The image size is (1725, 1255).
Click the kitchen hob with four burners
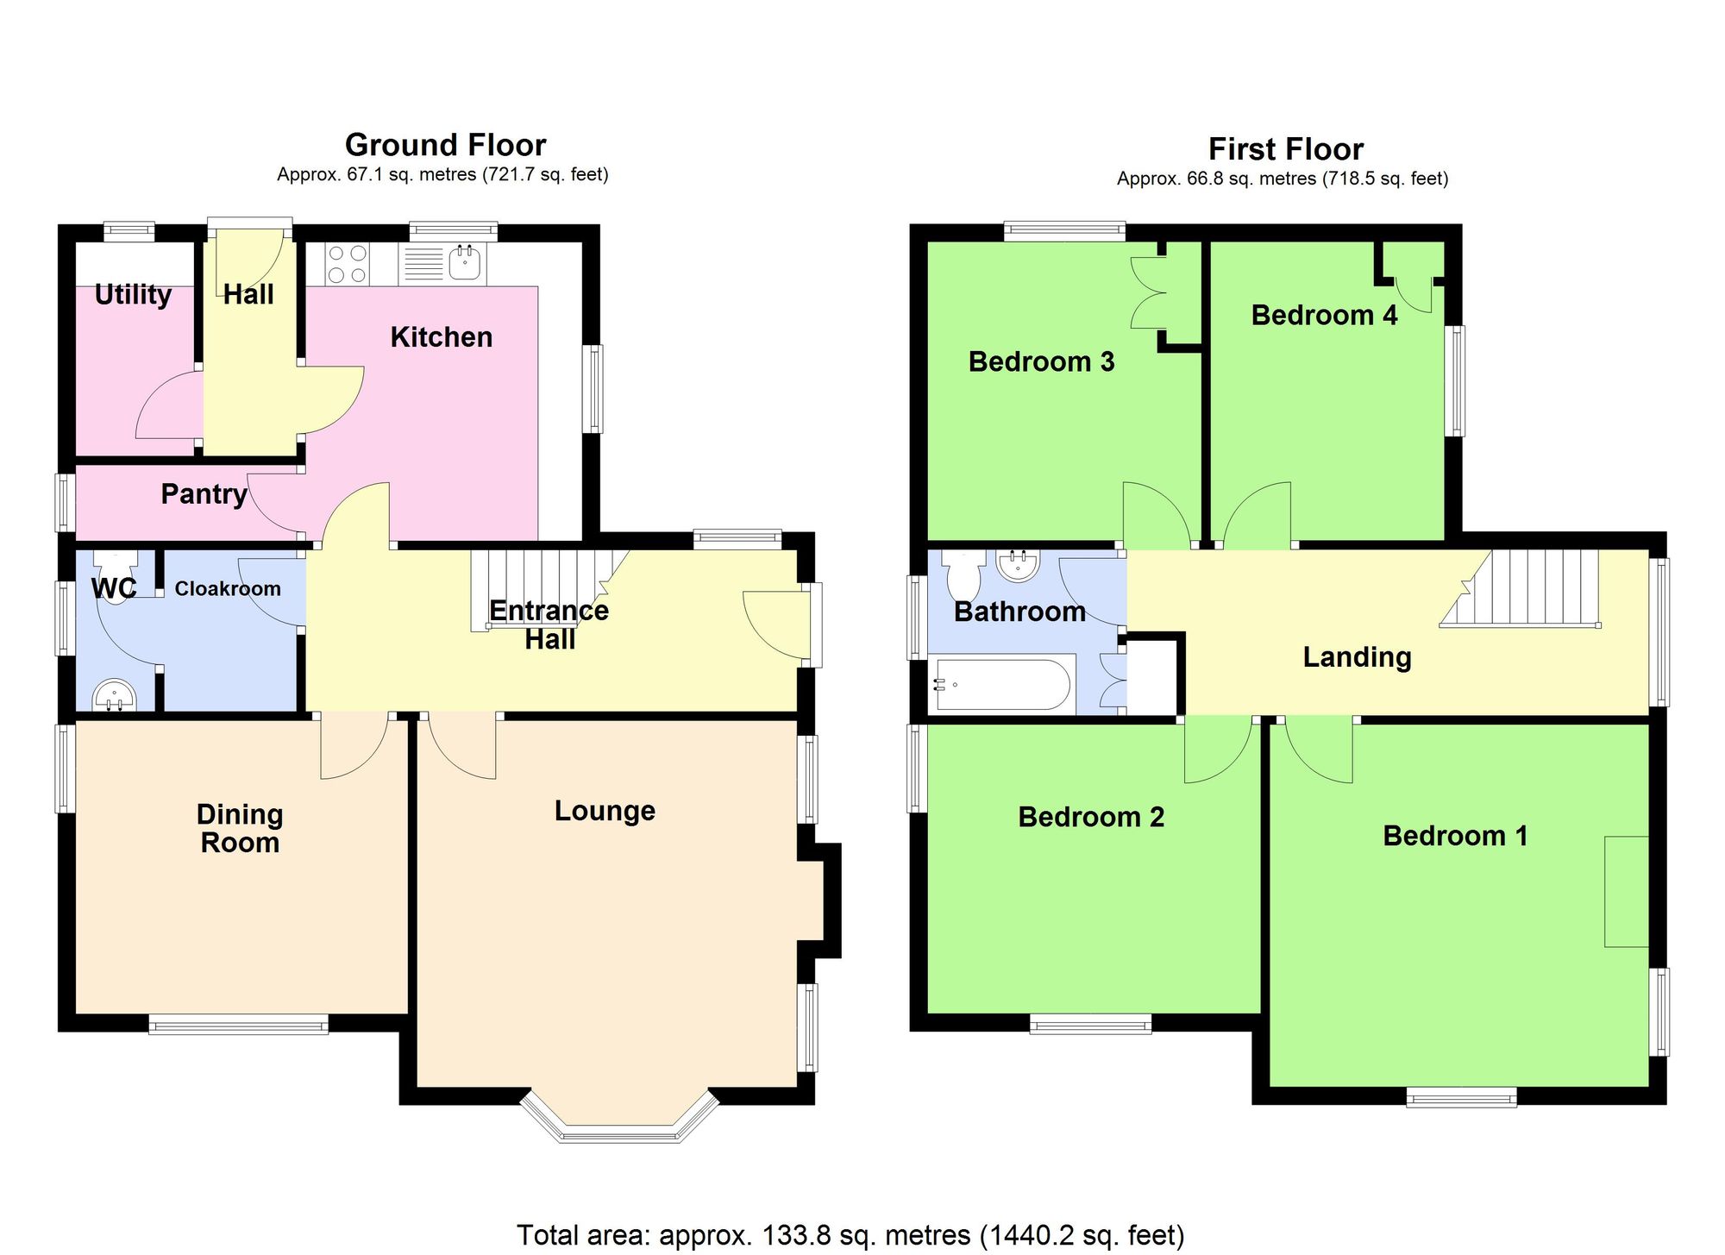pos(348,264)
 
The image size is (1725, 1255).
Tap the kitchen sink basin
pos(465,262)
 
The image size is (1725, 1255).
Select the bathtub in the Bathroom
pos(1002,685)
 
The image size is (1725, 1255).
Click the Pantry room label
pos(204,494)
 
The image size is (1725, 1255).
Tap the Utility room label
pos(133,295)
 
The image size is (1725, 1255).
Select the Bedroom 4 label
pos(1324,316)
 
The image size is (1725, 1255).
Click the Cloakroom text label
pos(228,589)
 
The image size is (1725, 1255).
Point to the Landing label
pos(1357,657)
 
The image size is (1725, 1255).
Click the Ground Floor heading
pos(445,145)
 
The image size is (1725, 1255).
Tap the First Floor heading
pos(1285,149)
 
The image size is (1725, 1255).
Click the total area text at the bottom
pos(850,1235)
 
